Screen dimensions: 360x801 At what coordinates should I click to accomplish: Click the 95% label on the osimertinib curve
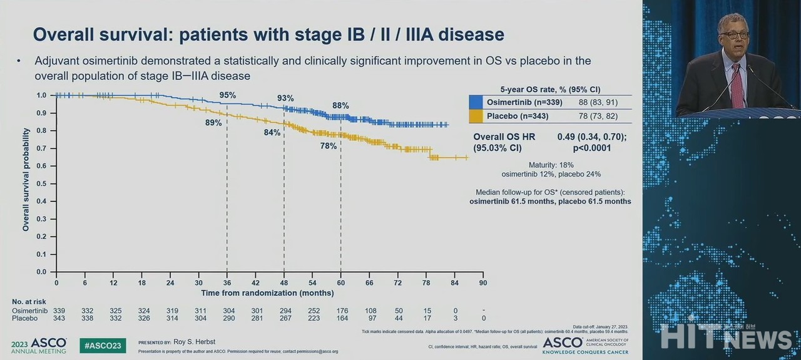[x=227, y=95]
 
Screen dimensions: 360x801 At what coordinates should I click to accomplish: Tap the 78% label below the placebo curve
[x=329, y=146]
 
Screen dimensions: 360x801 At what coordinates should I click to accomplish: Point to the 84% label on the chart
[x=272, y=133]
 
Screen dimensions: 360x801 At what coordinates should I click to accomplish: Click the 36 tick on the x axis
[x=227, y=282]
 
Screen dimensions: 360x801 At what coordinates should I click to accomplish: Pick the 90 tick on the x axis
[x=483, y=282]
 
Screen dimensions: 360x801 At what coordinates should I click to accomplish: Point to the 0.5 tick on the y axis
[x=41, y=183]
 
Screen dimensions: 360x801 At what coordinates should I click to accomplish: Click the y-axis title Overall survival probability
[x=26, y=180]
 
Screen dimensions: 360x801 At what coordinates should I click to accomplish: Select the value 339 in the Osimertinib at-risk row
[x=59, y=311]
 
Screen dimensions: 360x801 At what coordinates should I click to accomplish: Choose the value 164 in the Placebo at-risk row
[x=341, y=319]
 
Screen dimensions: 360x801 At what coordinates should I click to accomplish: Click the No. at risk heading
[x=29, y=302]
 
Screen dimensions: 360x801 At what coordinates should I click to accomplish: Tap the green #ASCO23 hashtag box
[x=103, y=345]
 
